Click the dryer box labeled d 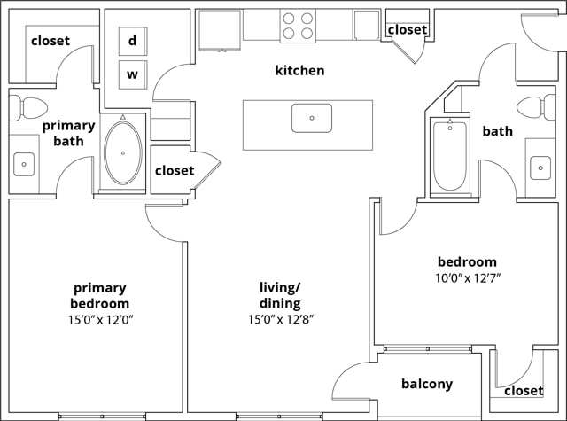pyautogui.click(x=132, y=40)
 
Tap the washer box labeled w pyautogui.click(x=132, y=74)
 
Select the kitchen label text pyautogui.click(x=299, y=70)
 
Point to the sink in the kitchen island pyautogui.click(x=311, y=117)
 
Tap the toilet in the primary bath pyautogui.click(x=32, y=109)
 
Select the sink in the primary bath pyautogui.click(x=24, y=163)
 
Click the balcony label pyautogui.click(x=427, y=384)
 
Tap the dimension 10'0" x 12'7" pyautogui.click(x=467, y=278)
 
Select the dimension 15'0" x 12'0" pyautogui.click(x=100, y=319)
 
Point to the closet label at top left pyautogui.click(x=50, y=41)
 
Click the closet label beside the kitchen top pyautogui.click(x=408, y=29)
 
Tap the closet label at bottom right pyautogui.click(x=524, y=390)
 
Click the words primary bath pyautogui.click(x=68, y=133)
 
